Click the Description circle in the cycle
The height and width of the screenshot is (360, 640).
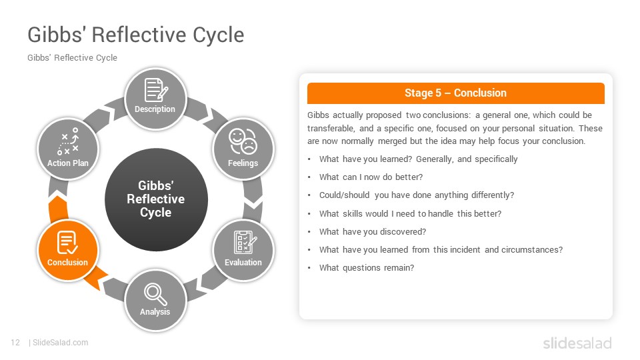155,99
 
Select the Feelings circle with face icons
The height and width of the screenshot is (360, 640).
243,149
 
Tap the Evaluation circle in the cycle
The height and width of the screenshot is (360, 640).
243,250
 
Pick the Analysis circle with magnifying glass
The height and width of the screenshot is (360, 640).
155,301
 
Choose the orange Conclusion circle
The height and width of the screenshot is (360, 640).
68,250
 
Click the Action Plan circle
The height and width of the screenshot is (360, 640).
68,149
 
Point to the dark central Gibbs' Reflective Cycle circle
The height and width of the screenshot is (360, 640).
156,199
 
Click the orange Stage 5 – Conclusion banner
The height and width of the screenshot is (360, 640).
455,93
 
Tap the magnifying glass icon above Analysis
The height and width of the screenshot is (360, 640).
155,294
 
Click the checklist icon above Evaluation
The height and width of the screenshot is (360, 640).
245,242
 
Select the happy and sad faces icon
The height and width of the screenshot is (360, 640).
243,141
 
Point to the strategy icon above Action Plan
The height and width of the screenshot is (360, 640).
68,141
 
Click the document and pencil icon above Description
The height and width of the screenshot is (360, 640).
156,90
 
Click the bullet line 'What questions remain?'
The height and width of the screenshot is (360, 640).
367,268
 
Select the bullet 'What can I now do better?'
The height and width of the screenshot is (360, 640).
371,177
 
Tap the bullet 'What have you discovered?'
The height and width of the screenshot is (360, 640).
373,232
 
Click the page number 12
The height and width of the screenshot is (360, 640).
15,343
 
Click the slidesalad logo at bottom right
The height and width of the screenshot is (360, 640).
577,343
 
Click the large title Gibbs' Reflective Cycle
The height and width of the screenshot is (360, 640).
136,35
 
